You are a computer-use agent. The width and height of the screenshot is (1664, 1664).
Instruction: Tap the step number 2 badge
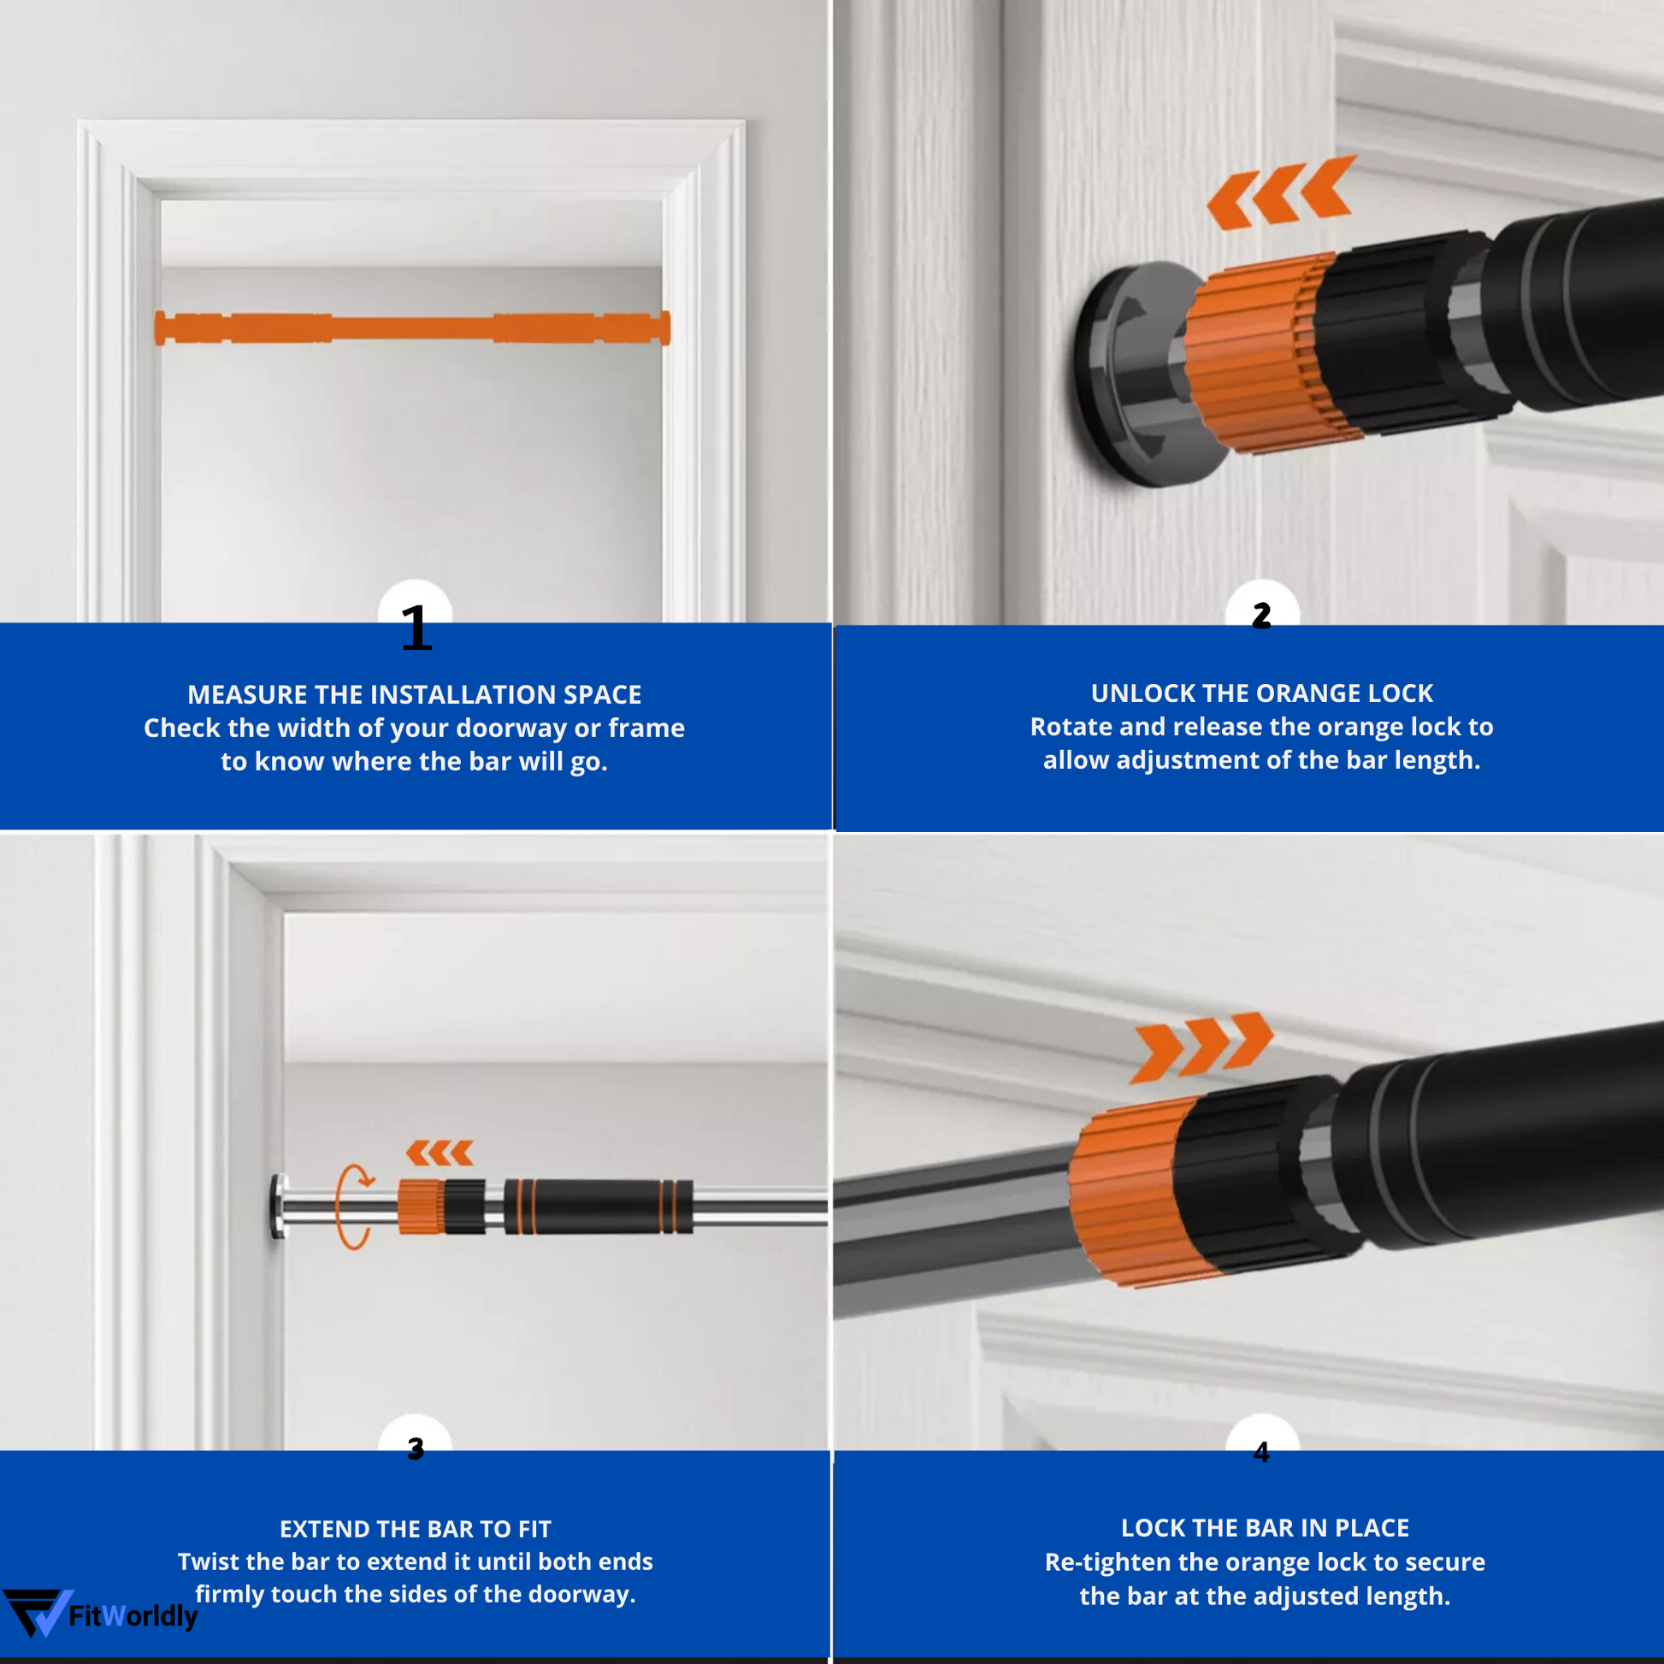pos(1261,615)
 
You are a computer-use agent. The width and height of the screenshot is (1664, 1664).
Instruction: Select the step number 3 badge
pos(415,1449)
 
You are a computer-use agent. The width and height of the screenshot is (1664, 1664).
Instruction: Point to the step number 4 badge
pos(1261,1452)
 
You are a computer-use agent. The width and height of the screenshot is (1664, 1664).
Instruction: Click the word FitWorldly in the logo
pos(133,1616)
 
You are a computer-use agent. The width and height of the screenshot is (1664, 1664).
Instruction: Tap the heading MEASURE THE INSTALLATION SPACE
pos(414,694)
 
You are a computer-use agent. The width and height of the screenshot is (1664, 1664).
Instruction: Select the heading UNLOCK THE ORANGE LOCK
pos(1262,693)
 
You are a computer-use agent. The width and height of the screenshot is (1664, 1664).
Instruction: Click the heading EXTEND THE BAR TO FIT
pos(415,1529)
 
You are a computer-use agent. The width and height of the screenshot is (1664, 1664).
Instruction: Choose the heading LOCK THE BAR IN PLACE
pos(1265,1528)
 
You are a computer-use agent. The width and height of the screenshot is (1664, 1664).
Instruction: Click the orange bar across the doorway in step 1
pos(411,328)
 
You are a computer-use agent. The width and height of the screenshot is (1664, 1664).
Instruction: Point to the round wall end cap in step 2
pos(1119,375)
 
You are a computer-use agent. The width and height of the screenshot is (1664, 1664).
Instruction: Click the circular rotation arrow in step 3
pos(353,1206)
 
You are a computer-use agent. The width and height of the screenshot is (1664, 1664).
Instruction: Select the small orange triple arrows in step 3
pos(440,1153)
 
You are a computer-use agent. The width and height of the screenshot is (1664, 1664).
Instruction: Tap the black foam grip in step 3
pos(598,1207)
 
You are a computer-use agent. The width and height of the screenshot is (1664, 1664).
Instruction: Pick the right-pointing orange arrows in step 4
pos(1202,1046)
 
